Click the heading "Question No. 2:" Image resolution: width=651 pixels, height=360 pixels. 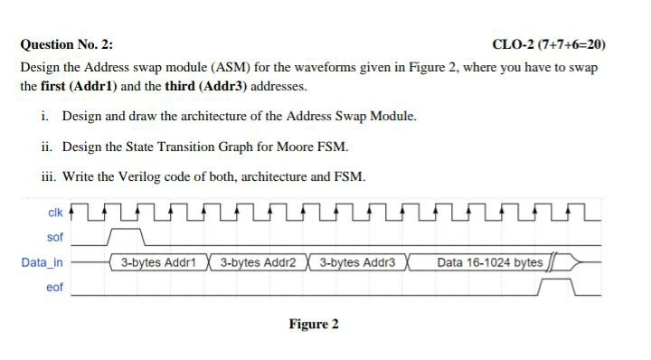tap(68, 44)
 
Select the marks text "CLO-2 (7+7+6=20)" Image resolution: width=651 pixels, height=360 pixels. tap(549, 44)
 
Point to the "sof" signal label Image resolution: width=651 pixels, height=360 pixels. tap(55, 237)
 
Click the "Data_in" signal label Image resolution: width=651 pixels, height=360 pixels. tap(42, 262)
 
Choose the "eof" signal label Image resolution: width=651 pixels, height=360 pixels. tap(55, 288)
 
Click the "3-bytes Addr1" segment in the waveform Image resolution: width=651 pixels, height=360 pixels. tap(158, 263)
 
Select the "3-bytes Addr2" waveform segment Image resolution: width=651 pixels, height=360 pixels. tap(258, 263)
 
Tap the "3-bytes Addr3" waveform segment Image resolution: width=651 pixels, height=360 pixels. tap(358, 263)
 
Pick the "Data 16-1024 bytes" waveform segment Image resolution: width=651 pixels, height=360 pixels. tap(489, 263)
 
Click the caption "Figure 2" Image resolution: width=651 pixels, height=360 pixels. tap(314, 324)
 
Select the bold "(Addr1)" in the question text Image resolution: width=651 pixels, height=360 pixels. tap(94, 87)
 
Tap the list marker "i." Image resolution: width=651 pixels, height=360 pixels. tap(45, 117)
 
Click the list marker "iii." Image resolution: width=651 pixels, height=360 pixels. tap(49, 176)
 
